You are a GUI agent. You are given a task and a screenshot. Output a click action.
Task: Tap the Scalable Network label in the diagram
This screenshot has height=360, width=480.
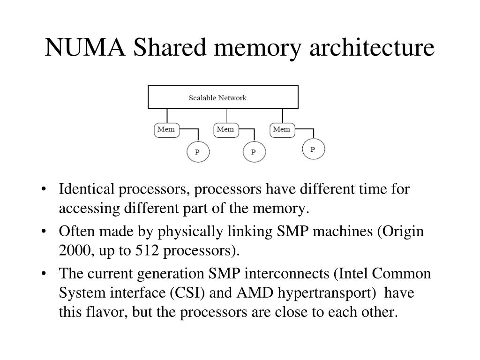[x=217, y=98]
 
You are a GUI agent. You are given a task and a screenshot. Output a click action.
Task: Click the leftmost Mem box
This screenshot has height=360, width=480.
[x=166, y=129]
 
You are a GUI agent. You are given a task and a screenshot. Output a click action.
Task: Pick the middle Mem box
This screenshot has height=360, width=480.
[x=225, y=129]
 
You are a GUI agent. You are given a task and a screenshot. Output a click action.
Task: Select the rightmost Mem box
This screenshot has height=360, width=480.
[x=282, y=129]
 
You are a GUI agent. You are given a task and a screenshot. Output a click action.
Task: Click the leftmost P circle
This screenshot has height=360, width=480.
[x=198, y=151]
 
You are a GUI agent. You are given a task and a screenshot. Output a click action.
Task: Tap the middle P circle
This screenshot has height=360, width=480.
[x=254, y=151]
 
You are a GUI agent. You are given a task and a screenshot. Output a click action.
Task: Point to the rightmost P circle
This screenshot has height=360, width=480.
[x=313, y=149]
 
